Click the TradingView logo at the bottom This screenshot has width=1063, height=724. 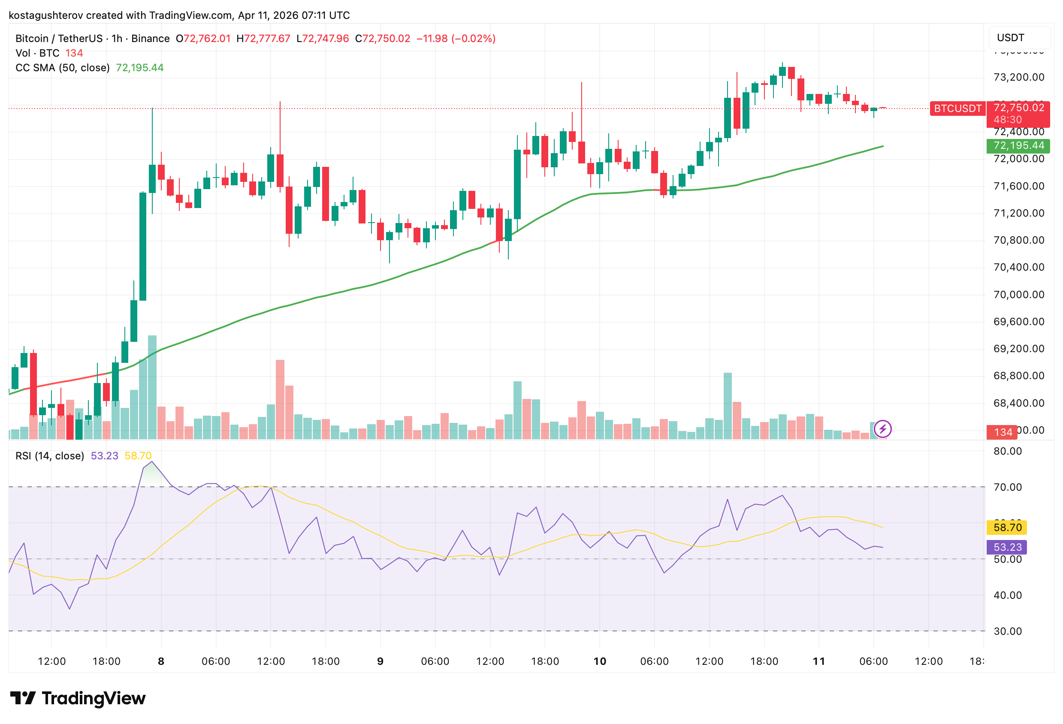tap(78, 698)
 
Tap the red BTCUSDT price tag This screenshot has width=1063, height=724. tap(957, 109)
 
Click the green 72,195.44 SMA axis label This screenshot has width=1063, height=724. tap(1018, 145)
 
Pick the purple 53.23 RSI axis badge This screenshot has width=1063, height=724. tap(1007, 547)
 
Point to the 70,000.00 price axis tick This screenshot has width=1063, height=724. tap(1018, 295)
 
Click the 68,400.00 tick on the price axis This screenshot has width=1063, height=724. tap(1018, 403)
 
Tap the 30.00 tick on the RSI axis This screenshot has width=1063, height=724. tap(1008, 631)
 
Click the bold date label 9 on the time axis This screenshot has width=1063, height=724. tap(380, 661)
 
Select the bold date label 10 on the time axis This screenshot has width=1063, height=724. tap(599, 661)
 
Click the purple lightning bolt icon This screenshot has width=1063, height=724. tap(882, 429)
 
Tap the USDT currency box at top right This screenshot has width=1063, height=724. tap(1020, 37)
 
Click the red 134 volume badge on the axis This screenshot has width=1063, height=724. tap(1002, 432)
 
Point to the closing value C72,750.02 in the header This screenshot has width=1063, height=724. tap(383, 39)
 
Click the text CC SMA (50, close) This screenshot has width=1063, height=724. tap(63, 68)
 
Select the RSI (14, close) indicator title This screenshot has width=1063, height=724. tap(50, 456)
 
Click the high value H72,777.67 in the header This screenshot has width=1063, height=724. tap(263, 39)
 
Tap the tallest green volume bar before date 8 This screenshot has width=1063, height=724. tap(152, 387)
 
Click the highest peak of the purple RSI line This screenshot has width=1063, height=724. tap(152, 462)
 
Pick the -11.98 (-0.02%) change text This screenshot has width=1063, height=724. tap(456, 39)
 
